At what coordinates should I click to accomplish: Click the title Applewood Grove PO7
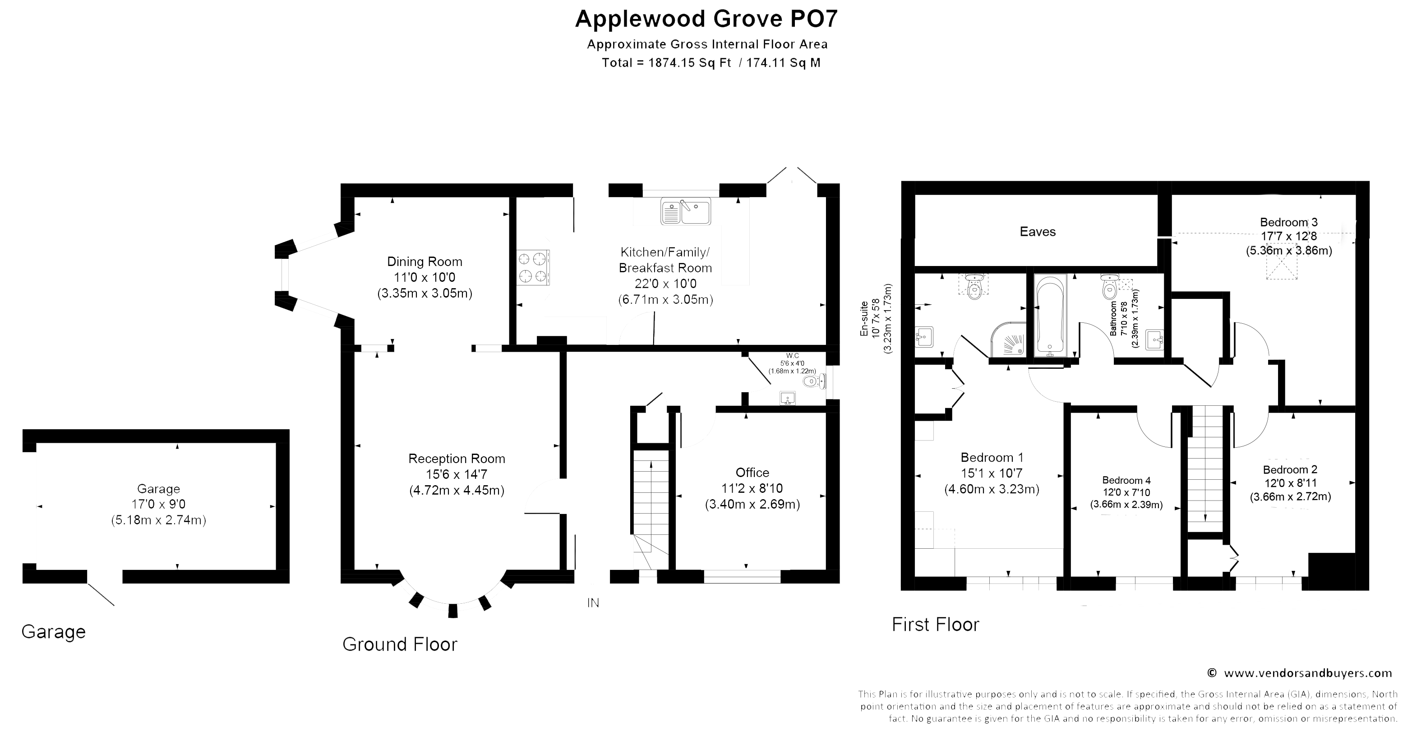click(706, 18)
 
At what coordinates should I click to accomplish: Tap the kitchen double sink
click(686, 211)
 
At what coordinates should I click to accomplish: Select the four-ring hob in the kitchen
click(533, 267)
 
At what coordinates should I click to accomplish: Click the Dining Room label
click(425, 262)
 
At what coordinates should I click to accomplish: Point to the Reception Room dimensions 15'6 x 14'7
click(457, 474)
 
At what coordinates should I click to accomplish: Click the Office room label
click(752, 473)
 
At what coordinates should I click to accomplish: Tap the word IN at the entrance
click(593, 603)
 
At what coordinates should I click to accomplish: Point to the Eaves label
click(1038, 232)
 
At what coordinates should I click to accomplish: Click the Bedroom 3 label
click(1289, 222)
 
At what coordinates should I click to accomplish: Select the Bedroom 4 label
click(1122, 481)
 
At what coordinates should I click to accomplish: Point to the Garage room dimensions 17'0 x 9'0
click(158, 504)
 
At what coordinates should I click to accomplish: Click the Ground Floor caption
click(400, 644)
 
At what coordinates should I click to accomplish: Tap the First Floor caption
click(935, 624)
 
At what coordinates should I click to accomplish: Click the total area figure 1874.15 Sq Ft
click(690, 63)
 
